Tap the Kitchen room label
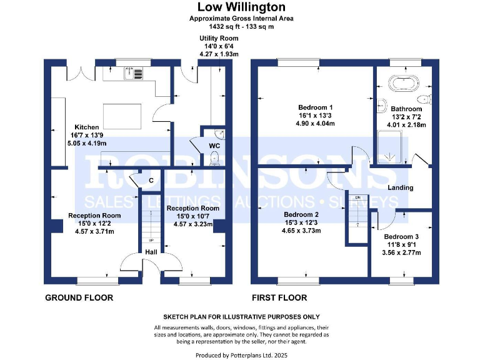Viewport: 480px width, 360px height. [86, 126]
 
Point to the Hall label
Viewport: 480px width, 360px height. [152, 251]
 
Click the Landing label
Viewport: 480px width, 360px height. [400, 187]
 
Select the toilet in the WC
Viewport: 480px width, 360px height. [215, 159]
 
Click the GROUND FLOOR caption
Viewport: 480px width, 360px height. [79, 297]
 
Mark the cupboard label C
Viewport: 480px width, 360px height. [151, 181]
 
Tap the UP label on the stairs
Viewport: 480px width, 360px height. [150, 240]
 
